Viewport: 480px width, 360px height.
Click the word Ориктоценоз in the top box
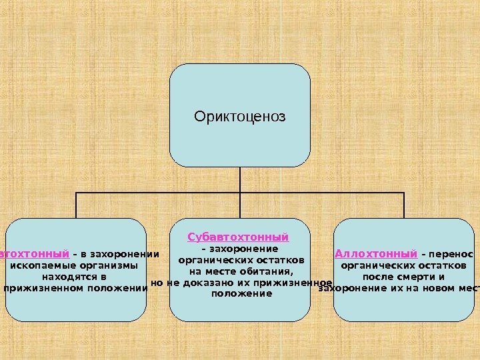239,116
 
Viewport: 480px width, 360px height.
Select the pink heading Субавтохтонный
239,237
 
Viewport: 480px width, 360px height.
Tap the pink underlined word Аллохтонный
376,253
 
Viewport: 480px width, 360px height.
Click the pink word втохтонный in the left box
35,253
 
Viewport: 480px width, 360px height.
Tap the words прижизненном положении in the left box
75,288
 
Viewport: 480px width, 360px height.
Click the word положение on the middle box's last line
241,293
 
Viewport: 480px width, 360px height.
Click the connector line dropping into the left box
76,205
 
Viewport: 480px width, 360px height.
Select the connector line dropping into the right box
403,205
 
